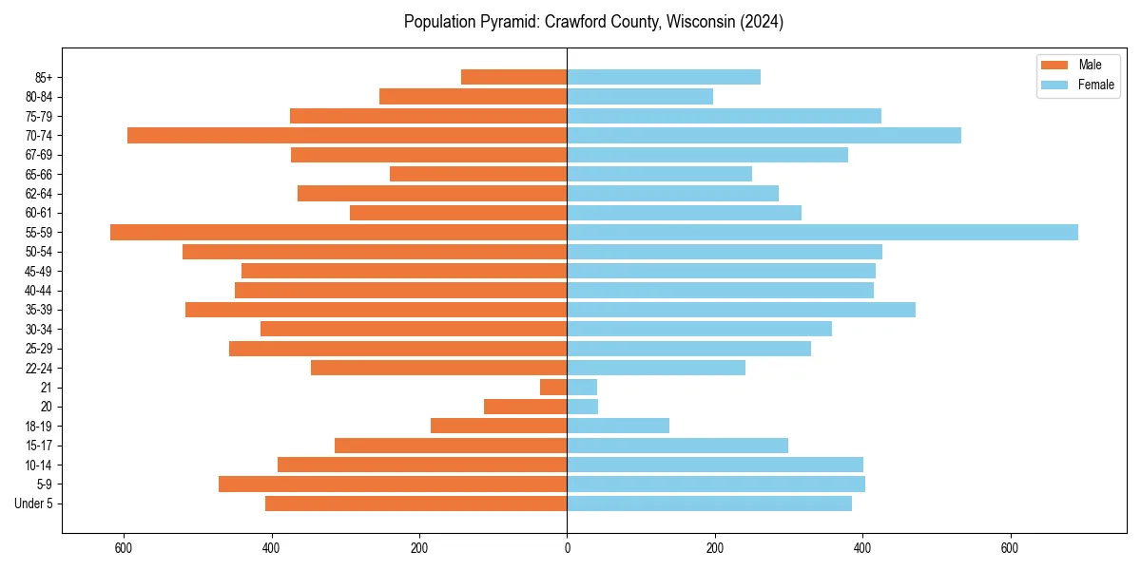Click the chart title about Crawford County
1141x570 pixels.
click(x=593, y=22)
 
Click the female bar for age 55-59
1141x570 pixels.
click(x=822, y=232)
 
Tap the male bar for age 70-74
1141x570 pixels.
click(x=347, y=135)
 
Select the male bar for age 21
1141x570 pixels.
click(x=553, y=387)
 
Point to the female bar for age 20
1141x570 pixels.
click(x=583, y=407)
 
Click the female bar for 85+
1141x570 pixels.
click(x=664, y=77)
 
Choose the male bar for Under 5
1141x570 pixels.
click(x=416, y=503)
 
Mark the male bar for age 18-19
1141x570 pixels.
click(x=498, y=426)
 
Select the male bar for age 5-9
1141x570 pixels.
click(x=393, y=484)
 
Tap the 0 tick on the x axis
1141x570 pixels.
click(x=568, y=547)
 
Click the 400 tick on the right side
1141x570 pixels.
click(x=862, y=547)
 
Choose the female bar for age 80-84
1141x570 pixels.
click(x=640, y=96)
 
